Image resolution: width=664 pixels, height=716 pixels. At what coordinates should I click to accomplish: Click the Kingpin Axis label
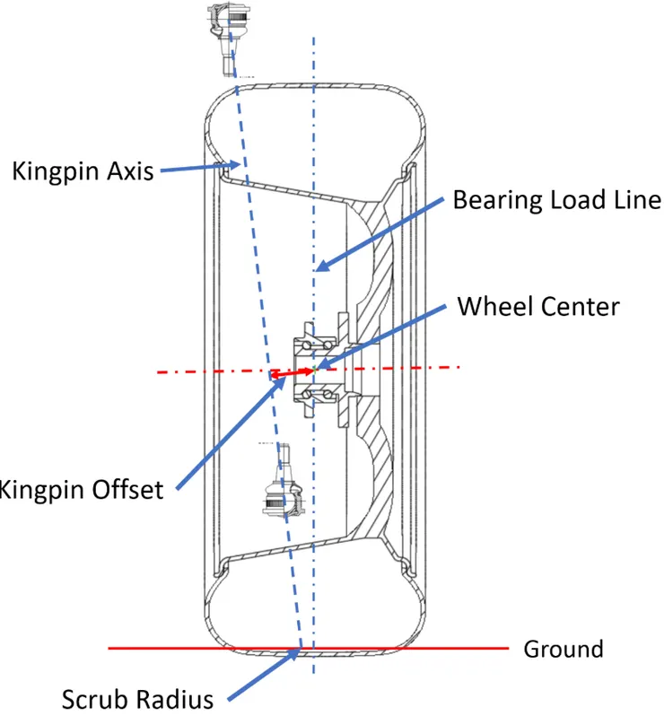click(x=83, y=171)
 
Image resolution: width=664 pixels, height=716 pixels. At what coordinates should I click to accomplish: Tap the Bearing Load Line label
click(x=557, y=200)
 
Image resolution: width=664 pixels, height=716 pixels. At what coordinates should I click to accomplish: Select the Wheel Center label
click(x=538, y=306)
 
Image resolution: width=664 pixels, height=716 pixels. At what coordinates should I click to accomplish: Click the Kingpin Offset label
click(x=81, y=490)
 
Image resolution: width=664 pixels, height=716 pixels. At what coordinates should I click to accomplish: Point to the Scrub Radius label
click(x=137, y=699)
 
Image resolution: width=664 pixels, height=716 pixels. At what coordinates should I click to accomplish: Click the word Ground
click(x=564, y=649)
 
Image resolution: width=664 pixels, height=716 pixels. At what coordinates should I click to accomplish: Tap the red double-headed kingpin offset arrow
click(x=293, y=372)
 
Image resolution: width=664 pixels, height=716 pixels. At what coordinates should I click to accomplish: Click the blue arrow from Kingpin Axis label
click(x=200, y=167)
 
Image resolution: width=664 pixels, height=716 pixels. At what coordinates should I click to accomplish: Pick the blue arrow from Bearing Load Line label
click(x=380, y=234)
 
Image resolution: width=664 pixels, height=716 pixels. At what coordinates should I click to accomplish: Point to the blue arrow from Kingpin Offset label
click(x=232, y=434)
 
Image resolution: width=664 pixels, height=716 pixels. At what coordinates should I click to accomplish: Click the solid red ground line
click(x=309, y=648)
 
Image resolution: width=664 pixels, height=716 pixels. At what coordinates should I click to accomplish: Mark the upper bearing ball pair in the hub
click(x=317, y=345)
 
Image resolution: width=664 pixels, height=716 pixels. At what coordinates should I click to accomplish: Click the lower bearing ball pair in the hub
click(x=317, y=394)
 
